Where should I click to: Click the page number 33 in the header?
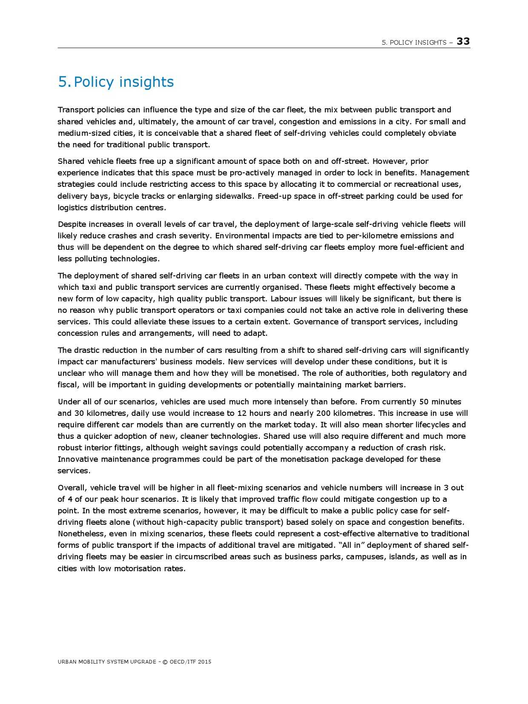(463, 41)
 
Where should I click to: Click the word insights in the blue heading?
(146, 82)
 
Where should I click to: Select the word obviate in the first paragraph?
(442, 133)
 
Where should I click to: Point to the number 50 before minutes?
(424, 401)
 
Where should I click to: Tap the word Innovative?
(78, 459)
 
